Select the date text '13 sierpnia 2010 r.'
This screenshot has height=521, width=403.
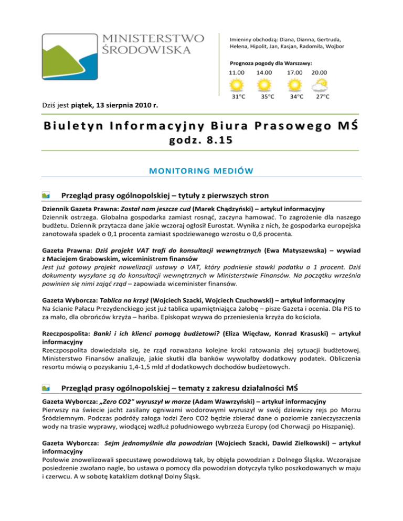128,107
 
